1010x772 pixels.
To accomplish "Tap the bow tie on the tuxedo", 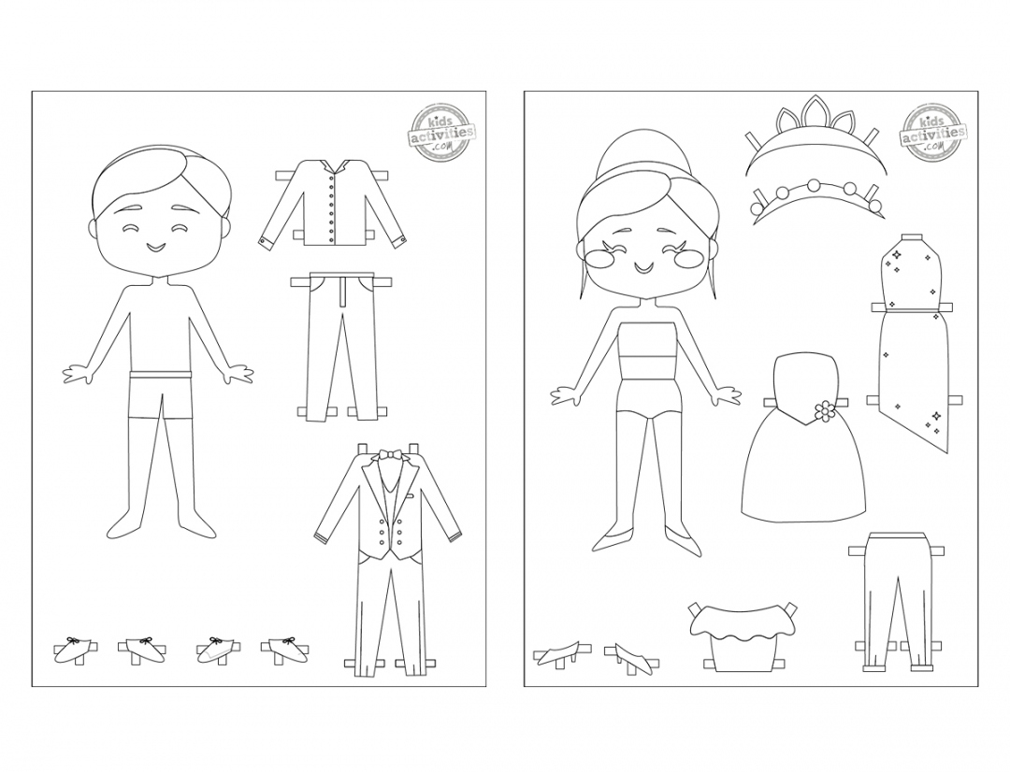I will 386,457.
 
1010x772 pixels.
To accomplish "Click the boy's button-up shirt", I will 333,206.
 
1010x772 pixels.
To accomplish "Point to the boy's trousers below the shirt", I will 345,341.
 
